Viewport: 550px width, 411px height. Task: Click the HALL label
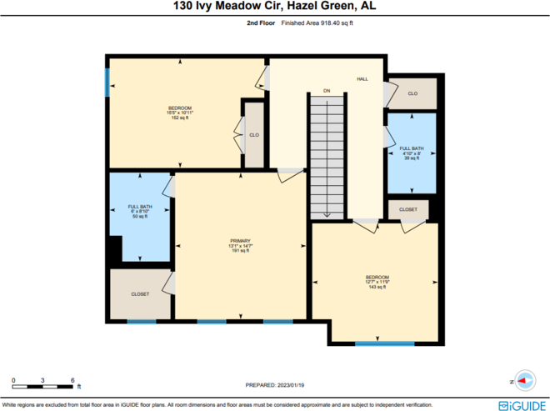[362, 78]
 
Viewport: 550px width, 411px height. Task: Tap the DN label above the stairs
[327, 89]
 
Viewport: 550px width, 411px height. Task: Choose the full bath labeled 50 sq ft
[139, 211]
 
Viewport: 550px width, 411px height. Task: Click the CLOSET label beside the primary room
[140, 294]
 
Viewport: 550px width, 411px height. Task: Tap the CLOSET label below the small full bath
[408, 209]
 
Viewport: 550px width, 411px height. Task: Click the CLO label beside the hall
[412, 93]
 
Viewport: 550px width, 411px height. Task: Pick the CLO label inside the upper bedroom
[254, 134]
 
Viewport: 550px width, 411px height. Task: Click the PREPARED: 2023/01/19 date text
[274, 384]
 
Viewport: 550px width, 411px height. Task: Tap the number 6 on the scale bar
[73, 379]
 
